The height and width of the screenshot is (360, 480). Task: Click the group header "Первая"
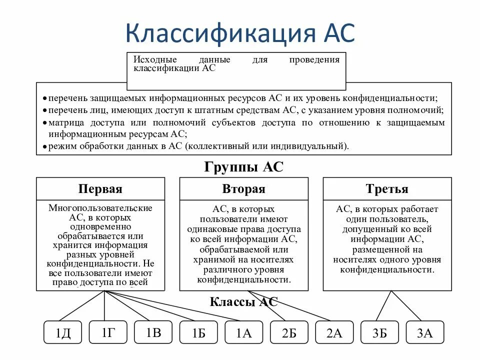click(100, 189)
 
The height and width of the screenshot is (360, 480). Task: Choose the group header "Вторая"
click(243, 189)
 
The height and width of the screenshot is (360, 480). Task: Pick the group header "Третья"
click(387, 189)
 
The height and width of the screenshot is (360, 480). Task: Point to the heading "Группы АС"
click(243, 167)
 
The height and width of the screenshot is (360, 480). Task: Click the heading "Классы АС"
click(243, 302)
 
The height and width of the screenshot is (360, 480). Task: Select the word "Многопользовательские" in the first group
click(100, 207)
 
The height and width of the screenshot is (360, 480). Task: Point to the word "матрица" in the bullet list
click(65, 122)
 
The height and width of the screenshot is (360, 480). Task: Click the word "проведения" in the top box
click(314, 60)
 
